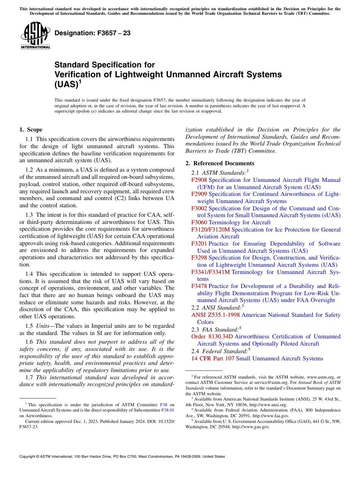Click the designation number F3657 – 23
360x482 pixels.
tap(92, 33)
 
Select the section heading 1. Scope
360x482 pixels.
tap(31, 130)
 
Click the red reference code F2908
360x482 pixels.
tap(199, 180)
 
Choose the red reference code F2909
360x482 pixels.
tap(199, 194)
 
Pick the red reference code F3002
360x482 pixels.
tap(199, 208)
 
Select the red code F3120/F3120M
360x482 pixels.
tap(210, 230)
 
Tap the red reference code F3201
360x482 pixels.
tap(199, 244)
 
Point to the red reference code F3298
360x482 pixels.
tap(199, 258)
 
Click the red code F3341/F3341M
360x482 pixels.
tap(210, 272)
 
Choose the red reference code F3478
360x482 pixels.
tap(199, 286)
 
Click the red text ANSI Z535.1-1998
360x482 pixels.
tap(215, 315)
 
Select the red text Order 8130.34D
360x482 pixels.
tap(212, 336)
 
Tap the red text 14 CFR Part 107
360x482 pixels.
tap(213, 358)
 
